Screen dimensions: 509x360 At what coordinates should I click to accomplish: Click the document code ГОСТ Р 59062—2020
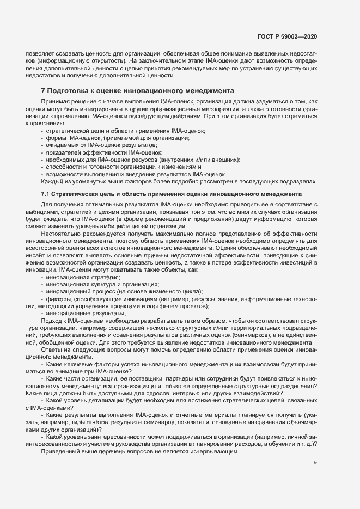coord(287,36)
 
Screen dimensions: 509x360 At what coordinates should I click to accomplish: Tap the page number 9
coord(315,464)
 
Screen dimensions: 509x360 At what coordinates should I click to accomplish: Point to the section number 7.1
coord(46,194)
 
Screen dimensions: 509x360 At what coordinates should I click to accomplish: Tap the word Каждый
coord(53,181)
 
